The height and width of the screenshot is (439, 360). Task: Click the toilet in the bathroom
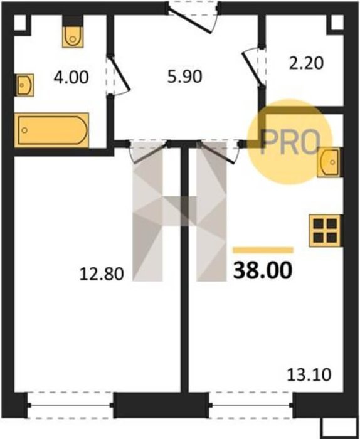(73, 36)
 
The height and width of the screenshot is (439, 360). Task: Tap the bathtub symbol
(52, 130)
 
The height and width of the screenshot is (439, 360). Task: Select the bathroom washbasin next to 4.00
(24, 85)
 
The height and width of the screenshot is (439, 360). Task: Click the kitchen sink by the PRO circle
(329, 162)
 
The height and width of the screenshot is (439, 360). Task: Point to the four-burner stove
(325, 231)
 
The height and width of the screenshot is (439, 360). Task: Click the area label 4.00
(71, 77)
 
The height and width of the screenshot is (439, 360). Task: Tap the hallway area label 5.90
(184, 77)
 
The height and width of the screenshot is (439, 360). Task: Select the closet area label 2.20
(306, 63)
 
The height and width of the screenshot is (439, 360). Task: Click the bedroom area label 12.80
(102, 274)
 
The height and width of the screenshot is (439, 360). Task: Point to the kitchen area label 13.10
(309, 374)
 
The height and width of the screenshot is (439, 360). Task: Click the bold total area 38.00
(263, 270)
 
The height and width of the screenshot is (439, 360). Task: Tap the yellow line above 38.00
(263, 250)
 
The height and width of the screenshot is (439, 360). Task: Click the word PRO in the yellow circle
(290, 142)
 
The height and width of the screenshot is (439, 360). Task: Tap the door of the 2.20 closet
(253, 68)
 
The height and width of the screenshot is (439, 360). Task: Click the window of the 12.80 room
(70, 405)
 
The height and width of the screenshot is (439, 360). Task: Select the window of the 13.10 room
(251, 405)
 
